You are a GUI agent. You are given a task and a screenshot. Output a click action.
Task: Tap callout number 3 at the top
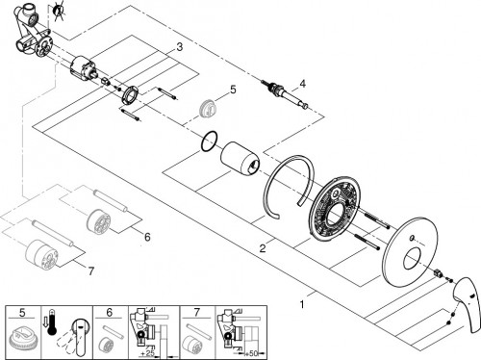coord(178,47)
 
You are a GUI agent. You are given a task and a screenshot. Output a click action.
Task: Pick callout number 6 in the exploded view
coord(147,236)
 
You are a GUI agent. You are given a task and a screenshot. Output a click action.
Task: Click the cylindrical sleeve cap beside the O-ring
coord(239,159)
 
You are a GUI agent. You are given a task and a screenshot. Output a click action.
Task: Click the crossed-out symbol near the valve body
coord(60,11)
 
